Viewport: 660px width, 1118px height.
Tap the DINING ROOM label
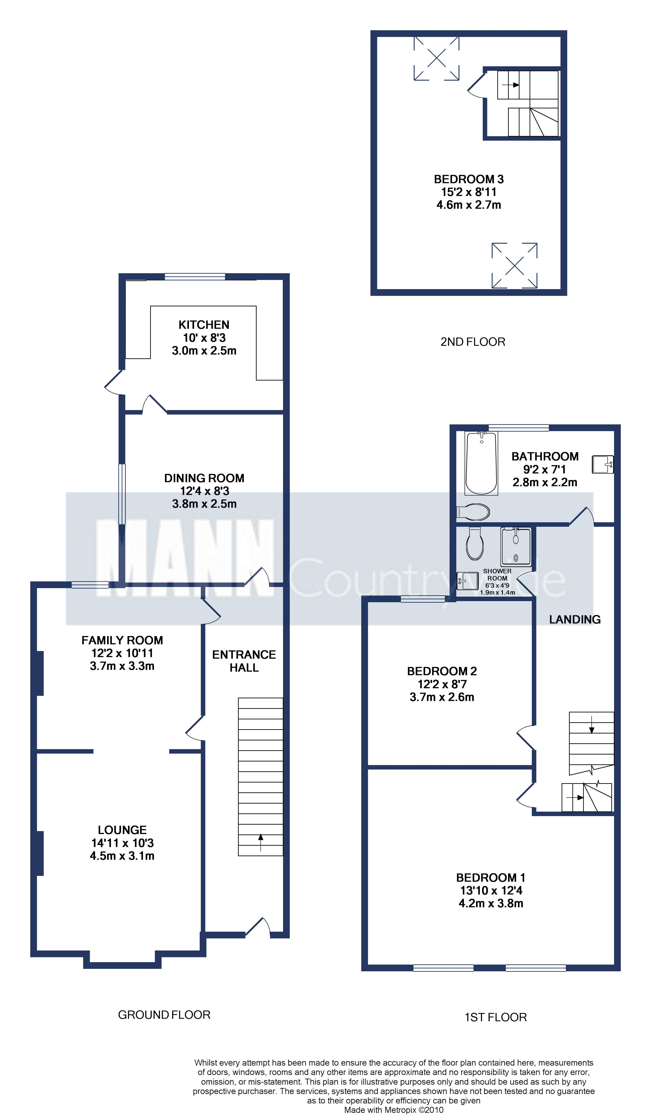[x=204, y=478]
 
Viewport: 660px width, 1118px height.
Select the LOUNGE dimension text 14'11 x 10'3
[x=122, y=843]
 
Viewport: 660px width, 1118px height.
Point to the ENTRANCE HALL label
[x=244, y=661]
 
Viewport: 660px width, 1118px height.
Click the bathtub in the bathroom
[x=481, y=463]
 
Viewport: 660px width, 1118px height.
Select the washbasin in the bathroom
[x=603, y=464]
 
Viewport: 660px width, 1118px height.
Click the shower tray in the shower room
[x=516, y=546]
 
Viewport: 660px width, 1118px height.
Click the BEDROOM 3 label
[x=469, y=179]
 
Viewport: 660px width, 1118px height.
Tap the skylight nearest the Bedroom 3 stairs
[x=436, y=58]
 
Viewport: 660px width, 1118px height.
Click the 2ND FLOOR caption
[x=473, y=342]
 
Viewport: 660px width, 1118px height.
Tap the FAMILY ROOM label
[x=122, y=640]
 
